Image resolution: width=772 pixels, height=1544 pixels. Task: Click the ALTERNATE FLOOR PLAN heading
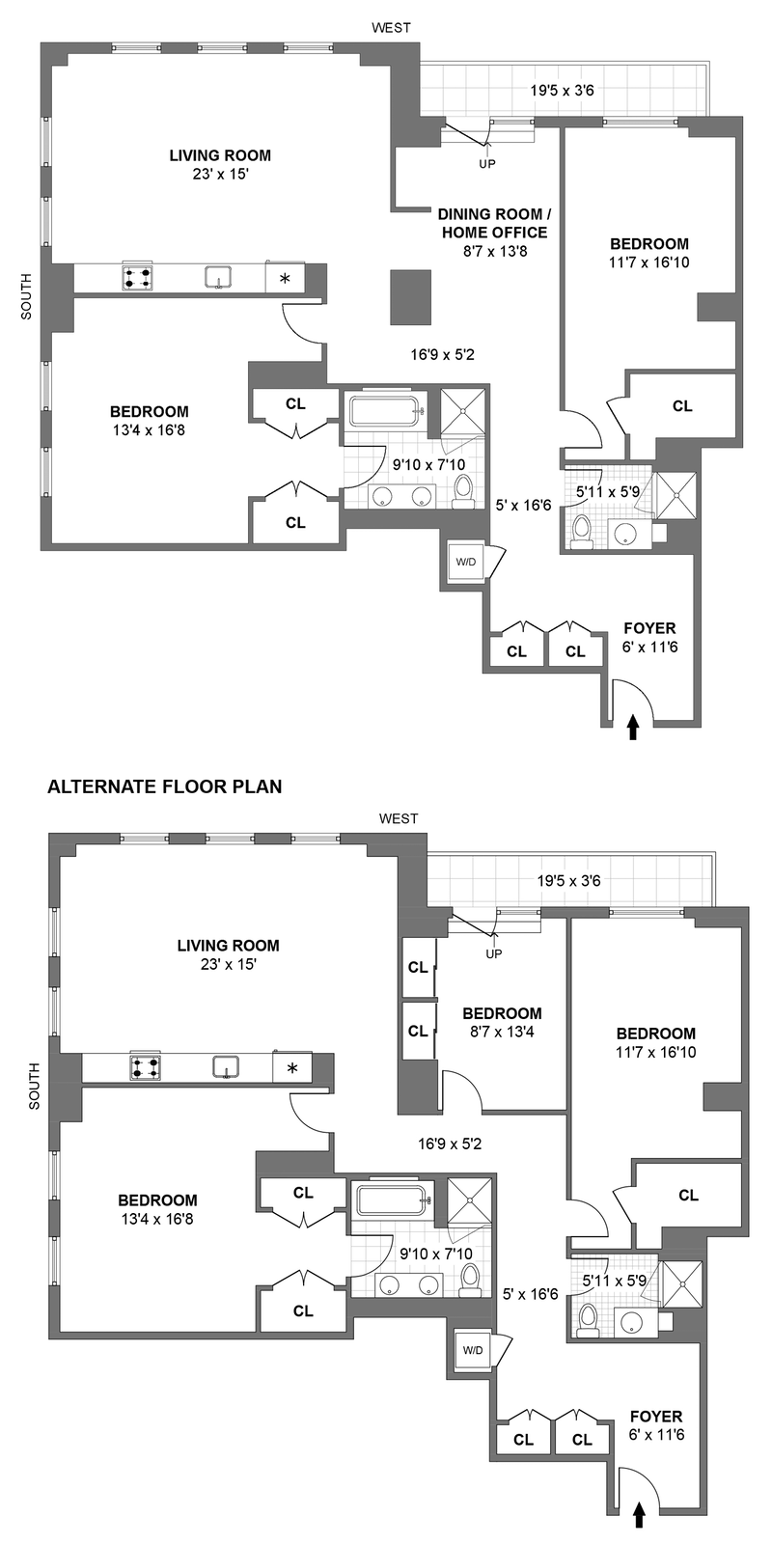coord(165,786)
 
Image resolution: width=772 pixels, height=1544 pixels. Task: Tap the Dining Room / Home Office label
coord(494,223)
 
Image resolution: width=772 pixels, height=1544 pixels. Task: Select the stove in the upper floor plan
coord(136,278)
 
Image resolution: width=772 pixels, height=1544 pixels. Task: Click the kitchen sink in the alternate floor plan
coord(226,1067)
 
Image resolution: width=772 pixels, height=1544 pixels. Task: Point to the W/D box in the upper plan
coord(465,562)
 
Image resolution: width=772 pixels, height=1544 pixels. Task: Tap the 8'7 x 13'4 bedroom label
coord(502,1022)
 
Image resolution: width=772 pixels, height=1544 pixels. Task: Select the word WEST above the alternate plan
coord(399,818)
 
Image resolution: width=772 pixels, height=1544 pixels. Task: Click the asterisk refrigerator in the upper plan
coord(285,279)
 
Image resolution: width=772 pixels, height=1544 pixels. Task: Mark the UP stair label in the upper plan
coord(487,164)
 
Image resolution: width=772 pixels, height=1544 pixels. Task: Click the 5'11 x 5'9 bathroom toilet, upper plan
coord(582,532)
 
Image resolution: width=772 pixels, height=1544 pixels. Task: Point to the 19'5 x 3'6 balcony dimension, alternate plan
coord(569,880)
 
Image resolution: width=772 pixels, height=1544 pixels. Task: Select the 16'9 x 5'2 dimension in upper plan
coord(442,354)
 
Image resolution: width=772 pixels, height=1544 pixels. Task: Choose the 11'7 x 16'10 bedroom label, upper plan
coord(649,253)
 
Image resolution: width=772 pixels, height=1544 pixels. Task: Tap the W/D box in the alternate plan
coord(473,1349)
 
